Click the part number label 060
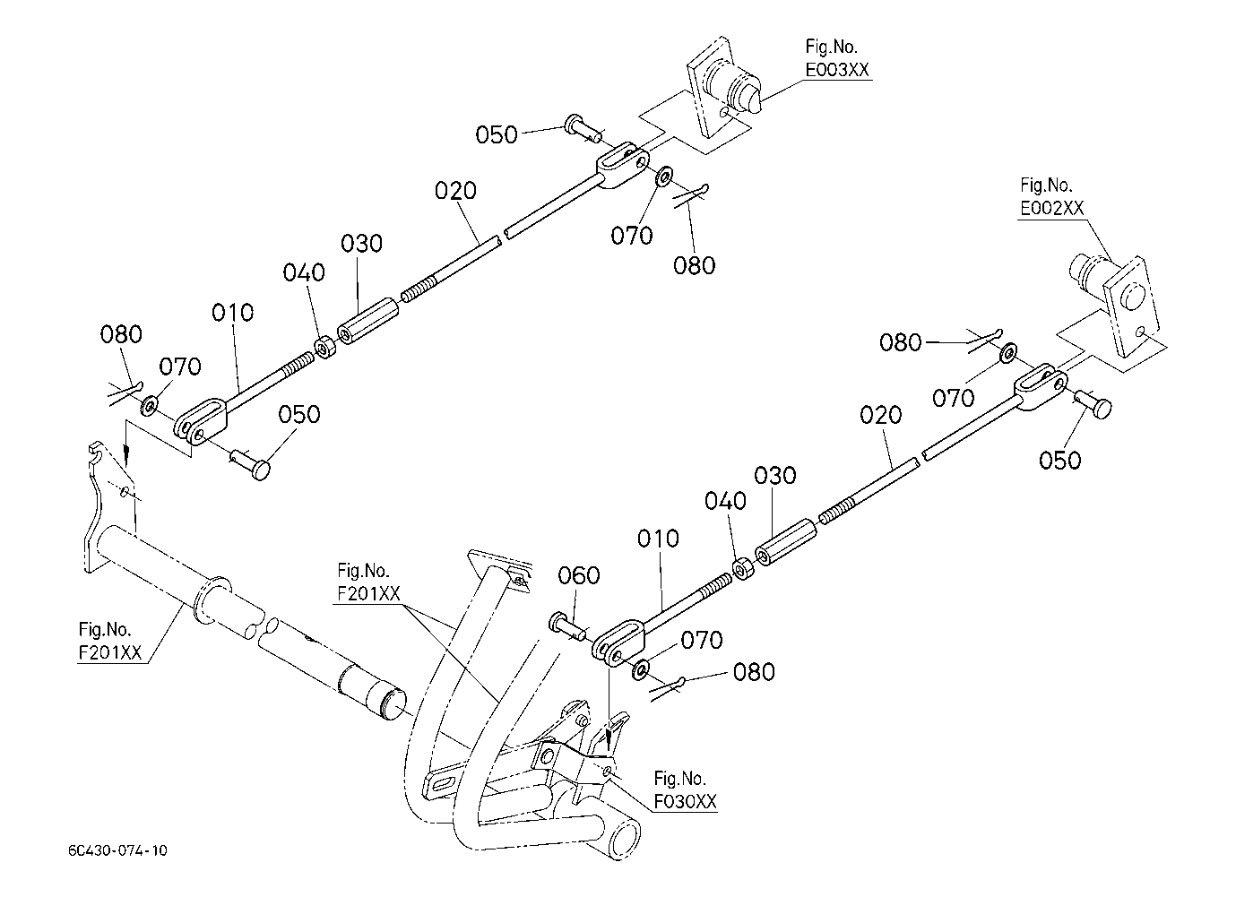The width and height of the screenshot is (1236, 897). (x=578, y=575)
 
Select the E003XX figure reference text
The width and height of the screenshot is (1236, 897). (x=837, y=70)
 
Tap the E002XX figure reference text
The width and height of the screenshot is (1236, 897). (x=1051, y=208)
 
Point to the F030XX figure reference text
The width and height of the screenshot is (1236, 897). (x=686, y=801)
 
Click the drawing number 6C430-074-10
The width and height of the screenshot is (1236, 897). (x=117, y=850)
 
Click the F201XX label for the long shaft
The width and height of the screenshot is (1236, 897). (x=110, y=652)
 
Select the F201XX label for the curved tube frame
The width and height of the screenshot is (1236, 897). (x=368, y=593)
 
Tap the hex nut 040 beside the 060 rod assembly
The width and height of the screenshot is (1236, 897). (x=743, y=569)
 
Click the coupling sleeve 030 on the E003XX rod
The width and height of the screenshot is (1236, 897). (x=368, y=320)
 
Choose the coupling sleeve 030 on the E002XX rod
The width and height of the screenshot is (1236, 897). (x=786, y=542)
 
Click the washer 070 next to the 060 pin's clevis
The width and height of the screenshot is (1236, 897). (x=641, y=669)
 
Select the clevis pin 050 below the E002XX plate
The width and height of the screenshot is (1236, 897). (x=1093, y=404)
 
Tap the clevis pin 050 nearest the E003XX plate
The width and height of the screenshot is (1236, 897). (x=582, y=127)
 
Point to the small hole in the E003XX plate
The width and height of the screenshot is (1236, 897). (x=723, y=113)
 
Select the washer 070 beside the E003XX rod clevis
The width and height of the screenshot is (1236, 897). (x=663, y=176)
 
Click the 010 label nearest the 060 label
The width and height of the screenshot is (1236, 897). (x=658, y=539)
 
